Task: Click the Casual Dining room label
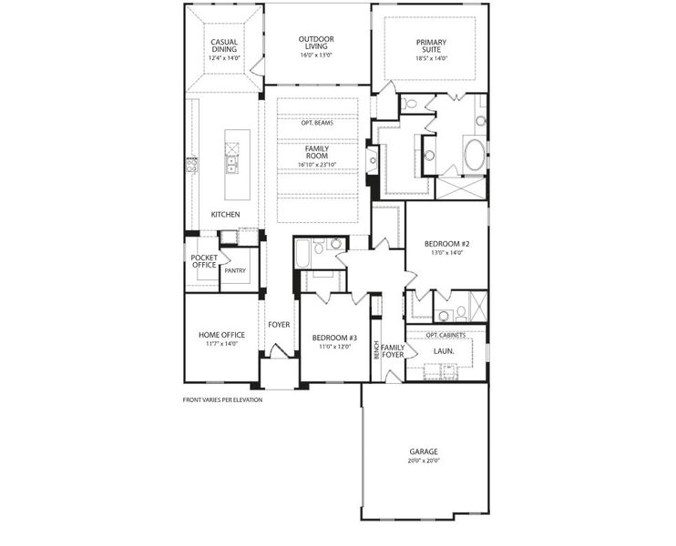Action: [224, 46]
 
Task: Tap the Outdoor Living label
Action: [316, 44]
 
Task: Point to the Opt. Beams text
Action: [317, 123]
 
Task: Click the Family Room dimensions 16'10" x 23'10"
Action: [317, 165]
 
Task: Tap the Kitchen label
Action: [225, 214]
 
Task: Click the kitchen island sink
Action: [231, 165]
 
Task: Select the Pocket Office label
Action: [203, 261]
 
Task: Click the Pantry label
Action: [235, 270]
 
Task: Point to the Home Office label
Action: [221, 335]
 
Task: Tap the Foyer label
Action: [279, 324]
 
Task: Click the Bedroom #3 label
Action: [334, 337]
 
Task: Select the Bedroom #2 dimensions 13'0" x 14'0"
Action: [446, 253]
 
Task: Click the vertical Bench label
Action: [375, 349]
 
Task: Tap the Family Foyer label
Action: [393, 350]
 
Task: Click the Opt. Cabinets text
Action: [446, 335]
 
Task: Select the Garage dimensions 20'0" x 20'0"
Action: [424, 460]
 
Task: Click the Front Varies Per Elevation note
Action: [222, 399]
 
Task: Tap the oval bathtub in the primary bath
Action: [476, 155]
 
